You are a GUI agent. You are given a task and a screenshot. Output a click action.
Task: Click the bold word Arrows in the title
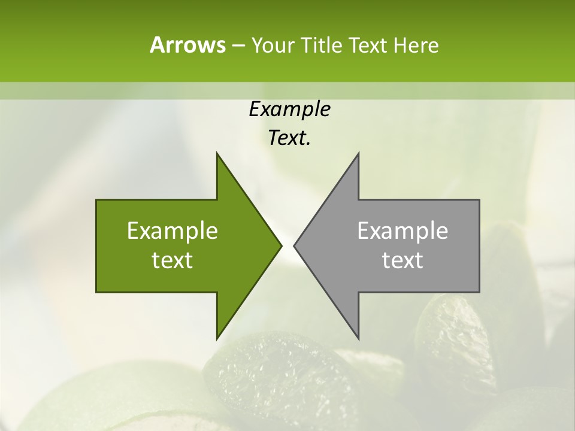(187, 45)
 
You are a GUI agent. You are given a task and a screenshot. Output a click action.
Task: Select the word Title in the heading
(321, 45)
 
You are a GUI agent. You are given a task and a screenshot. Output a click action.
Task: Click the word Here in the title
(416, 45)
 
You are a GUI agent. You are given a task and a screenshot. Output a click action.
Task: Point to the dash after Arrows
(237, 46)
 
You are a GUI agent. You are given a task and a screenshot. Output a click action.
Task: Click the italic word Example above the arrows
(289, 110)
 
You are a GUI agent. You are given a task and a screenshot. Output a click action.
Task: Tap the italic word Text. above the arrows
(289, 138)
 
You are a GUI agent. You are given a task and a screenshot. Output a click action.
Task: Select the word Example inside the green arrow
(172, 231)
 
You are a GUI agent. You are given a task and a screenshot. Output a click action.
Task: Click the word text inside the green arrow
(172, 260)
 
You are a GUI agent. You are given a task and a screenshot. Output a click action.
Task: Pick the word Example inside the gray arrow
(402, 231)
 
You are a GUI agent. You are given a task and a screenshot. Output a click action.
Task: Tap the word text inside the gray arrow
(402, 260)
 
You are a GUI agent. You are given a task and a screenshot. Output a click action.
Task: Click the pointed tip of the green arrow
(282, 245)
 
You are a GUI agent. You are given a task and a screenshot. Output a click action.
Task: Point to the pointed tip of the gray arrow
(293, 245)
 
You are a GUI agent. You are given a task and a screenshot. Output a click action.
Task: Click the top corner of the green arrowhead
(217, 153)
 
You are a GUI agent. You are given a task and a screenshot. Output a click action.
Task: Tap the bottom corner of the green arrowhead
(217, 338)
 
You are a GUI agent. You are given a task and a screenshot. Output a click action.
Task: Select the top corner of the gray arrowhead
(358, 153)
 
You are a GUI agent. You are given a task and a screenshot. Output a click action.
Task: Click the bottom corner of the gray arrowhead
(358, 338)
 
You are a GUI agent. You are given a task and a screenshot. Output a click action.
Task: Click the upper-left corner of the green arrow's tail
(96, 200)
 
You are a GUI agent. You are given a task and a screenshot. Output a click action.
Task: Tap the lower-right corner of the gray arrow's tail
(479, 292)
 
